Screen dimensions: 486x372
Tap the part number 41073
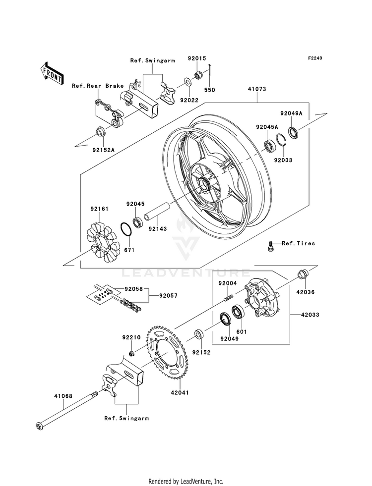pyautogui.click(x=257, y=90)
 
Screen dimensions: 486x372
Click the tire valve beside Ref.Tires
pyautogui.click(x=271, y=245)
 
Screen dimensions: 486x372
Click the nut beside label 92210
pyautogui.click(x=132, y=353)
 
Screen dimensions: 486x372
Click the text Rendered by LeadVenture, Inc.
pyautogui.click(x=186, y=481)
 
